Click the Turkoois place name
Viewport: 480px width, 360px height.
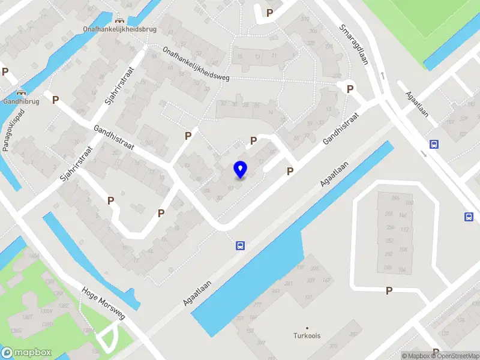307,335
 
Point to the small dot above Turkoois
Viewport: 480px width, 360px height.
307,328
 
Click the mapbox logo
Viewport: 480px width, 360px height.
26,353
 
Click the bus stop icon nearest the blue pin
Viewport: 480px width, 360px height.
240,245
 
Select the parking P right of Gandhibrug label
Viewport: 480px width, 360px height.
56,100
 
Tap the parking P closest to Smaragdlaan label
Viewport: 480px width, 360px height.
350,89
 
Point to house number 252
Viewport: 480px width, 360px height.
389,241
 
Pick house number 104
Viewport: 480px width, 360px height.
410,269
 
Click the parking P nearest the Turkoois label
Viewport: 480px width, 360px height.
389,290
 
